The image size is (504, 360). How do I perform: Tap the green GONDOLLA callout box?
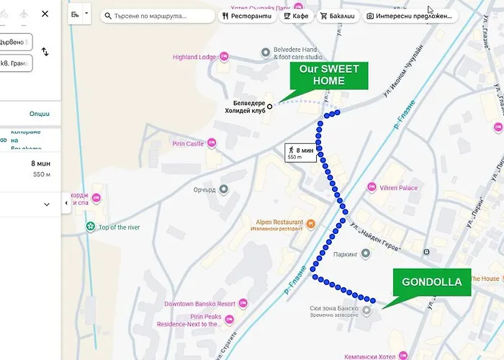pos(432,282)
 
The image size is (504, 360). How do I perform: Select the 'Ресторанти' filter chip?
pos(247,15)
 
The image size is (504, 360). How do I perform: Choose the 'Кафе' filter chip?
pos(296,15)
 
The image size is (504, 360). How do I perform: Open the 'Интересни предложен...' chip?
pos(409,15)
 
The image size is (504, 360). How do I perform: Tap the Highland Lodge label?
pos(194,57)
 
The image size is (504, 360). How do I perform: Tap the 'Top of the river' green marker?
pos(91,228)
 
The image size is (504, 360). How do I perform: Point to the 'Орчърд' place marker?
pos(224,189)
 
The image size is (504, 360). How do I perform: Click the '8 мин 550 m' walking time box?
pos(300,153)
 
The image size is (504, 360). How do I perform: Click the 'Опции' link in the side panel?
pos(40,114)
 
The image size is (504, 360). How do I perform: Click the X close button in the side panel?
pos(45,14)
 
